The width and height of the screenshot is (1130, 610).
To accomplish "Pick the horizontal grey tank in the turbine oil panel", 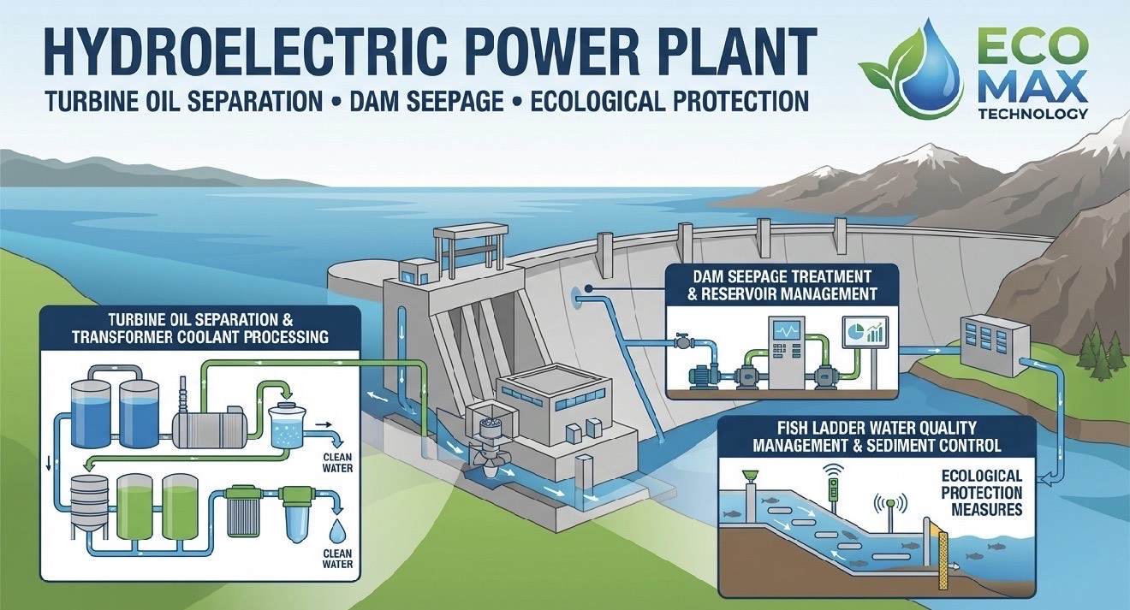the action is click(211, 423).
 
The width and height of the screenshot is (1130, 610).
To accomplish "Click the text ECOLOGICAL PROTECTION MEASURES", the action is click(982, 493).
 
